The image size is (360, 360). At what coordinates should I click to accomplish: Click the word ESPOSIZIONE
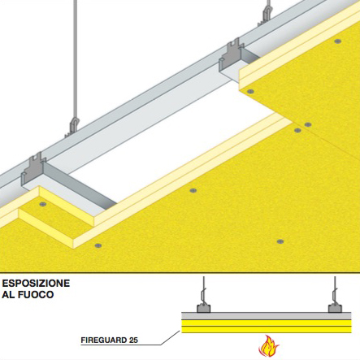coord(36,284)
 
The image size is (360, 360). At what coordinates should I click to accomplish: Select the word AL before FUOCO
coord(8,294)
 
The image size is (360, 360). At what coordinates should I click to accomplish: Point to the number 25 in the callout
coord(133,340)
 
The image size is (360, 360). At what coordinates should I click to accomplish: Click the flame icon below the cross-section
coord(268,346)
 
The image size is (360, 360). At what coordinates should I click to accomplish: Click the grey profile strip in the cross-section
coord(267,316)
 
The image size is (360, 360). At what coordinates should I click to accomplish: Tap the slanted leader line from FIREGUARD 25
coord(171,337)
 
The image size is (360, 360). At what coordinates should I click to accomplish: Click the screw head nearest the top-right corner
coord(337,41)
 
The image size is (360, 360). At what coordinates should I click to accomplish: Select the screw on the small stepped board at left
coord(42,204)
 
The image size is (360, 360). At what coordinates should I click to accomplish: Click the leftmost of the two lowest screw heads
coord(98,245)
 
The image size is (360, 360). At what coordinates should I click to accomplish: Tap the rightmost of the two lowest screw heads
coord(280,241)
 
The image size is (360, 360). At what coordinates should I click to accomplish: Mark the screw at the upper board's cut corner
coord(250,91)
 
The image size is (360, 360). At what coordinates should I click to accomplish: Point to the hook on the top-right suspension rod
coord(266,15)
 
